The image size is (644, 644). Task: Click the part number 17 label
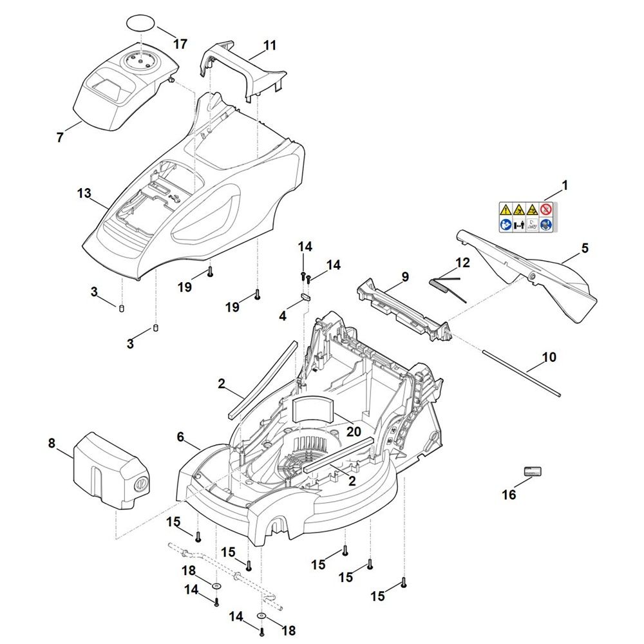[180, 44]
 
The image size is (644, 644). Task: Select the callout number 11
[270, 46]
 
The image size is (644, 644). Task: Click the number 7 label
[60, 137]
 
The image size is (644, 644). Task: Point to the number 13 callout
[84, 193]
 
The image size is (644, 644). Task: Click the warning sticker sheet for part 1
[526, 216]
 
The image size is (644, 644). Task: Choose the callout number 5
[585, 248]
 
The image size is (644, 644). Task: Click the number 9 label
[405, 277]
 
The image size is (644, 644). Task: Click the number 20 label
[354, 431]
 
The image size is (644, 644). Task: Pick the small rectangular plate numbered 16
[532, 471]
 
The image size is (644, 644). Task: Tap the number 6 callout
[180, 437]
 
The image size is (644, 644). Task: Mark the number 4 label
[282, 316]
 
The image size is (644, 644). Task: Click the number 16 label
[509, 495]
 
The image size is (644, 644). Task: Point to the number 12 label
[462, 263]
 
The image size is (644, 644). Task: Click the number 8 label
[52, 443]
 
